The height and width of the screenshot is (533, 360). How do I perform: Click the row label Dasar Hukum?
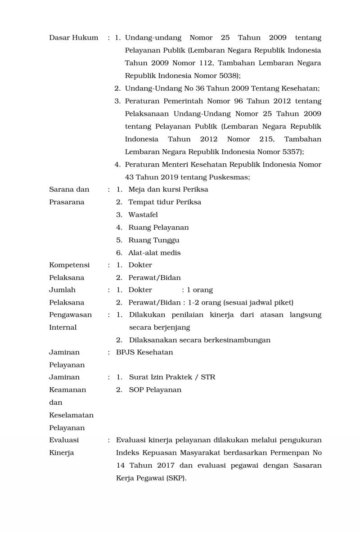point(73,38)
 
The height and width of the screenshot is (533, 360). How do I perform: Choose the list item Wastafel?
point(143,215)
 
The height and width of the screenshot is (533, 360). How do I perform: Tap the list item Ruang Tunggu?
point(153,240)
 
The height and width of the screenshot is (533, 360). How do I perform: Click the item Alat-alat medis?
point(154,253)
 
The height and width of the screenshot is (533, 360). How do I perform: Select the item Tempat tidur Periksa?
point(165,202)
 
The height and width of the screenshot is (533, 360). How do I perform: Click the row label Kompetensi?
point(69,265)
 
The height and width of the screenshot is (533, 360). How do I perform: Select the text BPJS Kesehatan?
point(144,352)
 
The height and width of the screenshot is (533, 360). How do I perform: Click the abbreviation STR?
point(208,377)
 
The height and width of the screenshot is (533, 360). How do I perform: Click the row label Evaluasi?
point(64,440)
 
